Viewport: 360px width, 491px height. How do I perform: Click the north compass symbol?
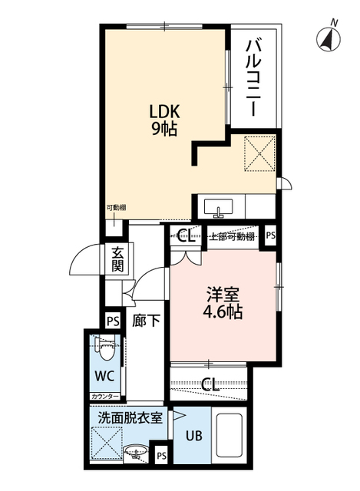click(x=329, y=39)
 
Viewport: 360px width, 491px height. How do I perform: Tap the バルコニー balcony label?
click(x=254, y=78)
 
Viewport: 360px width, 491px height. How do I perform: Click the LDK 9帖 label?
click(x=164, y=120)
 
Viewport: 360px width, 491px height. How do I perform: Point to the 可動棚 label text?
click(x=116, y=207)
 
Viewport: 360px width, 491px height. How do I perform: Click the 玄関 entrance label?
click(x=117, y=259)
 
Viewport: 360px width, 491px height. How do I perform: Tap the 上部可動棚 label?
click(x=231, y=236)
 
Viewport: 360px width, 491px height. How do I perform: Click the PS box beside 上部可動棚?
click(x=271, y=236)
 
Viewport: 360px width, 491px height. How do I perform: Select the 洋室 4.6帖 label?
click(x=223, y=303)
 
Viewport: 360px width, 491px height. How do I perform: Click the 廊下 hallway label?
click(x=146, y=321)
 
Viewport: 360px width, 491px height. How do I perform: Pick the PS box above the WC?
click(x=113, y=321)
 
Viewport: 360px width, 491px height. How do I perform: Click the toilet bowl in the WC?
click(x=105, y=348)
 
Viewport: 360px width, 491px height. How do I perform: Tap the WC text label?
click(x=104, y=376)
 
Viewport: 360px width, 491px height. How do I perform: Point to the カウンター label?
click(x=105, y=397)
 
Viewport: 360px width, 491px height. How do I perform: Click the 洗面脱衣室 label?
click(x=130, y=418)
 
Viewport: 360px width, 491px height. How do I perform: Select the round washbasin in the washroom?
click(x=136, y=451)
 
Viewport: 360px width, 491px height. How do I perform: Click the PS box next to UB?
click(x=161, y=456)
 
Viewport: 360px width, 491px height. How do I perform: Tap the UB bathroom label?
click(x=193, y=436)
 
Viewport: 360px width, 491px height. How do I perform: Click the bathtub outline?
click(x=230, y=438)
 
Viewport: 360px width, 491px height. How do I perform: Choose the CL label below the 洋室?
click(x=210, y=384)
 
